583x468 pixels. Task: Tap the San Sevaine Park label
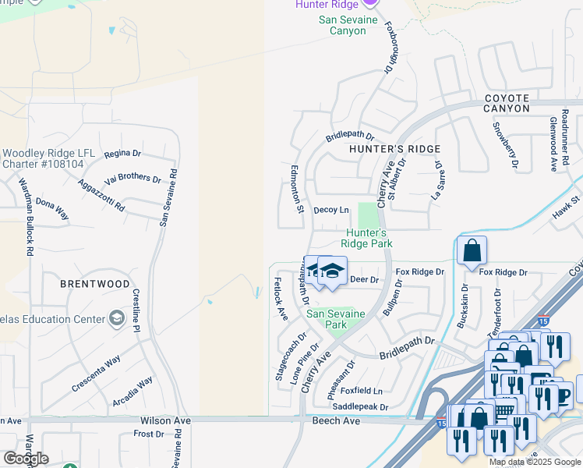click(335, 319)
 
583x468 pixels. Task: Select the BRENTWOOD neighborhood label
click(95, 285)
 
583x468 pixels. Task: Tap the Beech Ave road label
click(336, 420)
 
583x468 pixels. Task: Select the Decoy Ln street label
click(330, 210)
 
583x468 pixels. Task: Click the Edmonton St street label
click(297, 189)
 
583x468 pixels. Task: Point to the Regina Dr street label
click(122, 154)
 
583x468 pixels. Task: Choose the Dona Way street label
click(52, 208)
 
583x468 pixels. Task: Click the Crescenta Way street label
click(96, 374)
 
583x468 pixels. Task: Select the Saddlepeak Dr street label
click(359, 407)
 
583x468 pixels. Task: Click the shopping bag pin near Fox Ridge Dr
click(472, 252)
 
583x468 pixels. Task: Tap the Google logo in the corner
click(26, 458)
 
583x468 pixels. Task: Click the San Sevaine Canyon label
click(348, 25)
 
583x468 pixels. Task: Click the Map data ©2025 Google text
click(534, 462)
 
